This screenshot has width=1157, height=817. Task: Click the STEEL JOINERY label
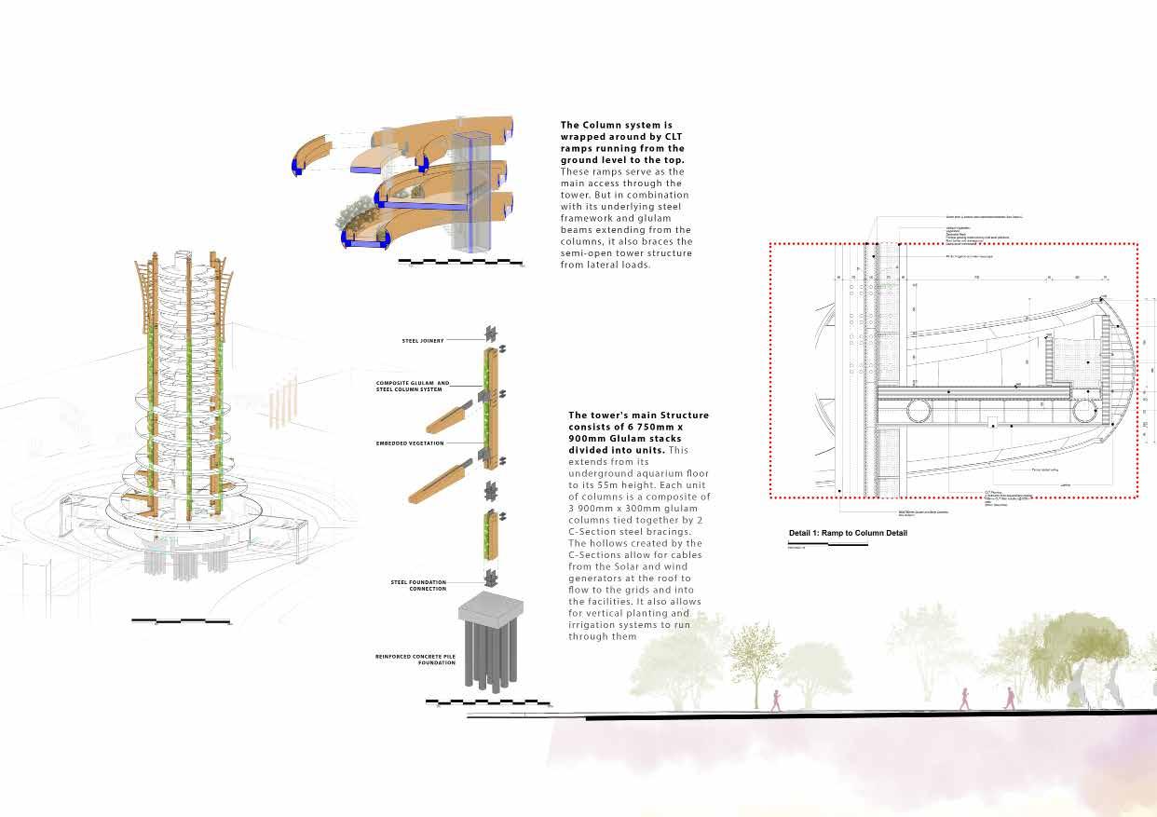click(x=423, y=341)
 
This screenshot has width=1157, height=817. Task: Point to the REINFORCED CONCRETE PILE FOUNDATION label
click(x=415, y=660)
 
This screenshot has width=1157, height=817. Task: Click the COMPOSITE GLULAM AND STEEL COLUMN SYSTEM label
click(x=413, y=387)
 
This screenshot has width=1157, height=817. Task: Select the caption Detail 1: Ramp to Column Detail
click(x=848, y=533)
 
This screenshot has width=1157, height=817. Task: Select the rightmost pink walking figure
click(x=1009, y=697)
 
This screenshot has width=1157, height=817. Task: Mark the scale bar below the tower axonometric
click(x=181, y=620)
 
